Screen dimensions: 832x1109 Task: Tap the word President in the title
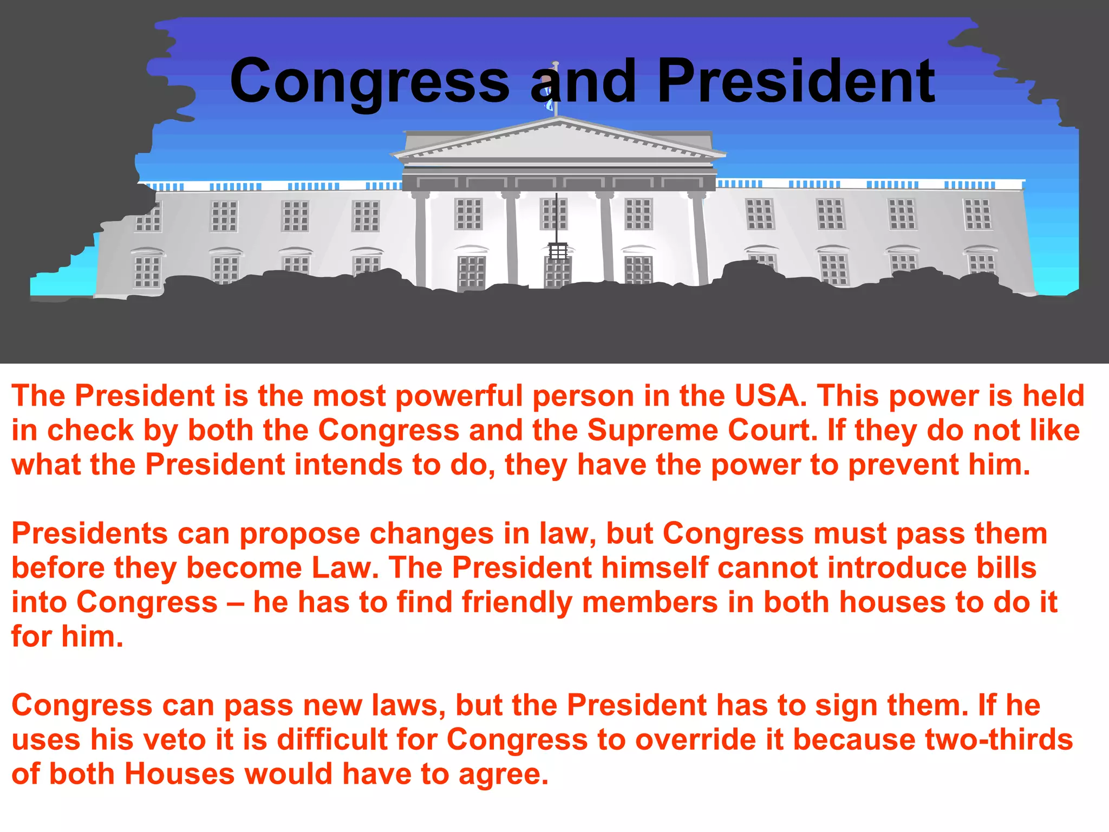tap(796, 81)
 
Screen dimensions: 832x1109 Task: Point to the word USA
tap(770, 395)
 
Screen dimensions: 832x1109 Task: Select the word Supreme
tap(653, 431)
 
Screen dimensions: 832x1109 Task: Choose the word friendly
tap(517, 602)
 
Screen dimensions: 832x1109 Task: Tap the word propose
tap(300, 534)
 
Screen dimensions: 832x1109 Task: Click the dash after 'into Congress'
tap(236, 602)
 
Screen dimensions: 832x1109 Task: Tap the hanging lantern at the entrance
tap(557, 251)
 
